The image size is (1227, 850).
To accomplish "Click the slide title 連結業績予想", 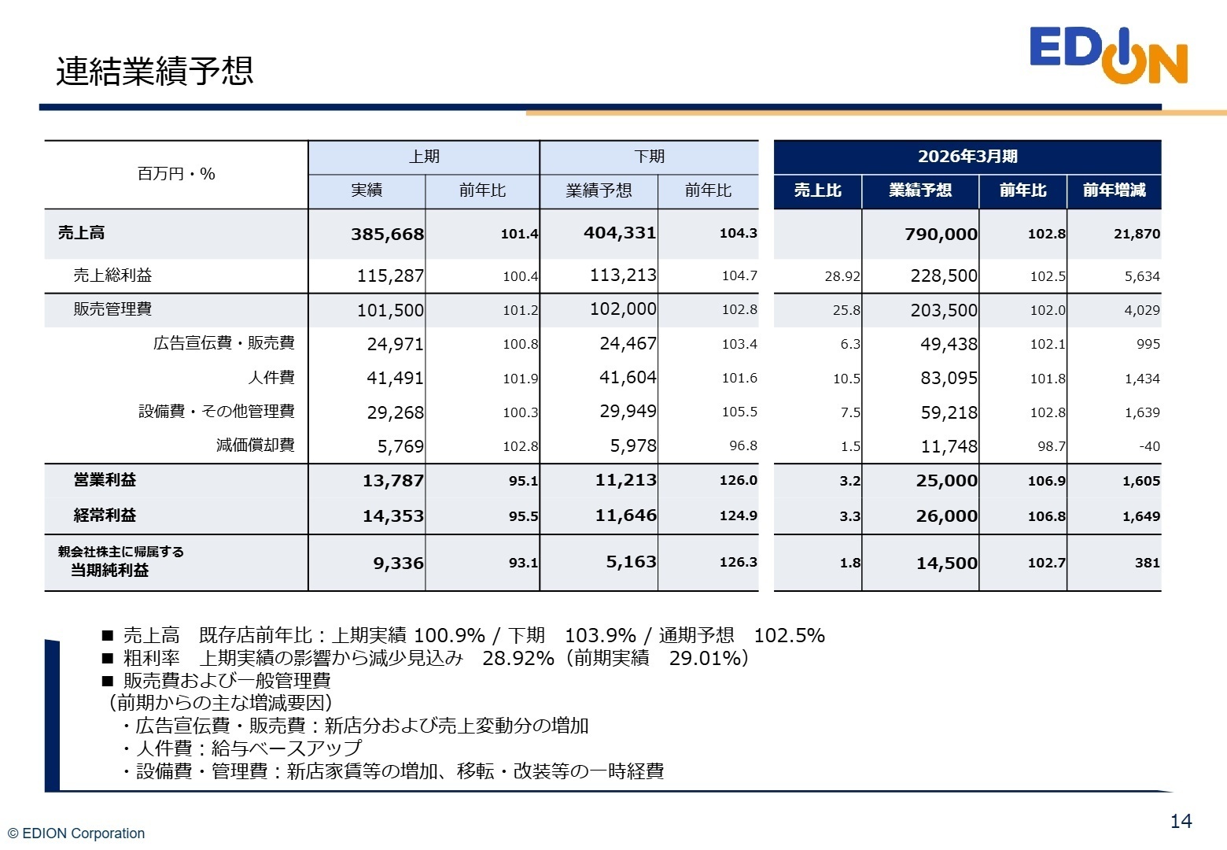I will [154, 71].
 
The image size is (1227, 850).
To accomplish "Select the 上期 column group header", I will [424, 157].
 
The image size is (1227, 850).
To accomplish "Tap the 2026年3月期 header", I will [967, 157].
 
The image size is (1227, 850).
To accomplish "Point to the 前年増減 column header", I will [1114, 190].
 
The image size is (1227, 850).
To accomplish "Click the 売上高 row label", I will [81, 233].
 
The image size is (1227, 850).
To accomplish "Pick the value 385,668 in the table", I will [387, 235].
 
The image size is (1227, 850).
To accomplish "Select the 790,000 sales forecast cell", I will [941, 235].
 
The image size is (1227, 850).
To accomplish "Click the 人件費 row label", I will [271, 378].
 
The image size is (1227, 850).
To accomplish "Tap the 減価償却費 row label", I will [256, 445].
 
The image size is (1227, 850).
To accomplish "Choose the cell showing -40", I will [1149, 446].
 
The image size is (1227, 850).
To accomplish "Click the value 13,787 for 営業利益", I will [392, 481].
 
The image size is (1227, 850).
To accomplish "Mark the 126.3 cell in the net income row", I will [738, 563].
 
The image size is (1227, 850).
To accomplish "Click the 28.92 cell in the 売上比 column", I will [842, 276].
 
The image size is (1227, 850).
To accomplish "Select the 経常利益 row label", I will [105, 516].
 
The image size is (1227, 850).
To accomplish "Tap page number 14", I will [1181, 822].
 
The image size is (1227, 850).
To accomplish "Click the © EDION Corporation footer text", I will [76, 833].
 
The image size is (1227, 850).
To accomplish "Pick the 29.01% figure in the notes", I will [706, 658].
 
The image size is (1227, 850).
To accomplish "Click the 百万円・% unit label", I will [176, 174].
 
